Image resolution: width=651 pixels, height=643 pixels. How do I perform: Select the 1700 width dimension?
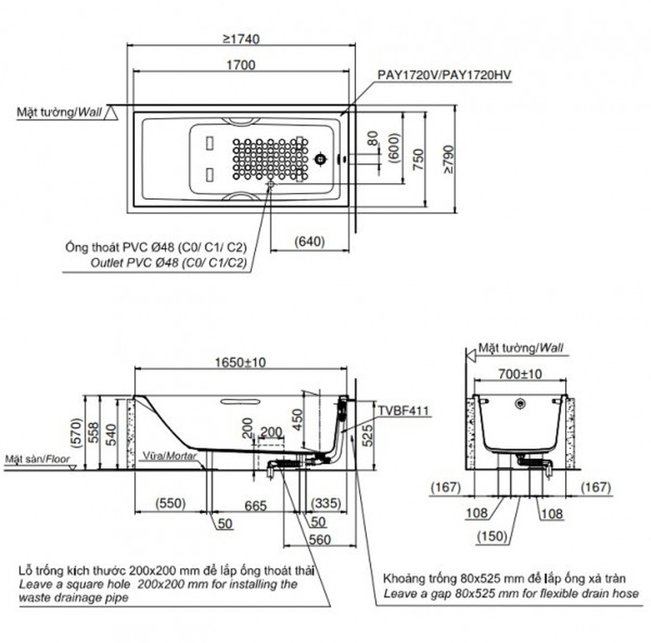pyautogui.click(x=242, y=66)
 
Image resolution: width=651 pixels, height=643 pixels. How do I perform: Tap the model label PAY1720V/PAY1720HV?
pyautogui.click(x=443, y=74)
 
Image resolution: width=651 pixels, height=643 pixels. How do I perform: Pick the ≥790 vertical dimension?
pyautogui.click(x=448, y=158)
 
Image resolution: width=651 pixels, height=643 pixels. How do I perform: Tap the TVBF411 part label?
pyautogui.click(x=404, y=410)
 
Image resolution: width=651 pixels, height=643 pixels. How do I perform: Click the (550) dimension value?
pyautogui.click(x=173, y=504)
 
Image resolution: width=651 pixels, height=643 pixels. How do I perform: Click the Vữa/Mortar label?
pyautogui.click(x=171, y=455)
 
